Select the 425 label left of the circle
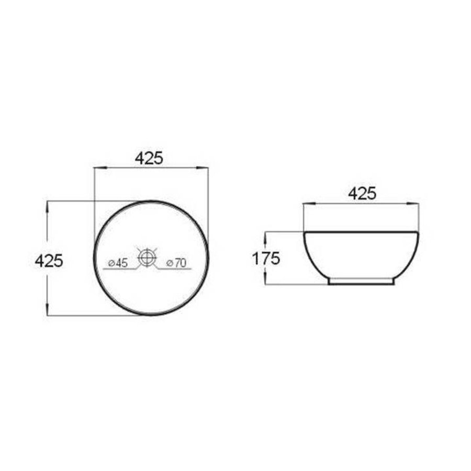49,260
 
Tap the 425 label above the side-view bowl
362,194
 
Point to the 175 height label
266,258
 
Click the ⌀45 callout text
117,263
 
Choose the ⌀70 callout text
176,263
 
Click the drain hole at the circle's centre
147,257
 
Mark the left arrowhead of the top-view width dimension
97,168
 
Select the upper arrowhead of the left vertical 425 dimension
48,205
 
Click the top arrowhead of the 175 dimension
266,235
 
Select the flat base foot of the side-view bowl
361,282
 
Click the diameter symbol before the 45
111,263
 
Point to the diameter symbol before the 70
169,263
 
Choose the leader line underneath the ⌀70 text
175,269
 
